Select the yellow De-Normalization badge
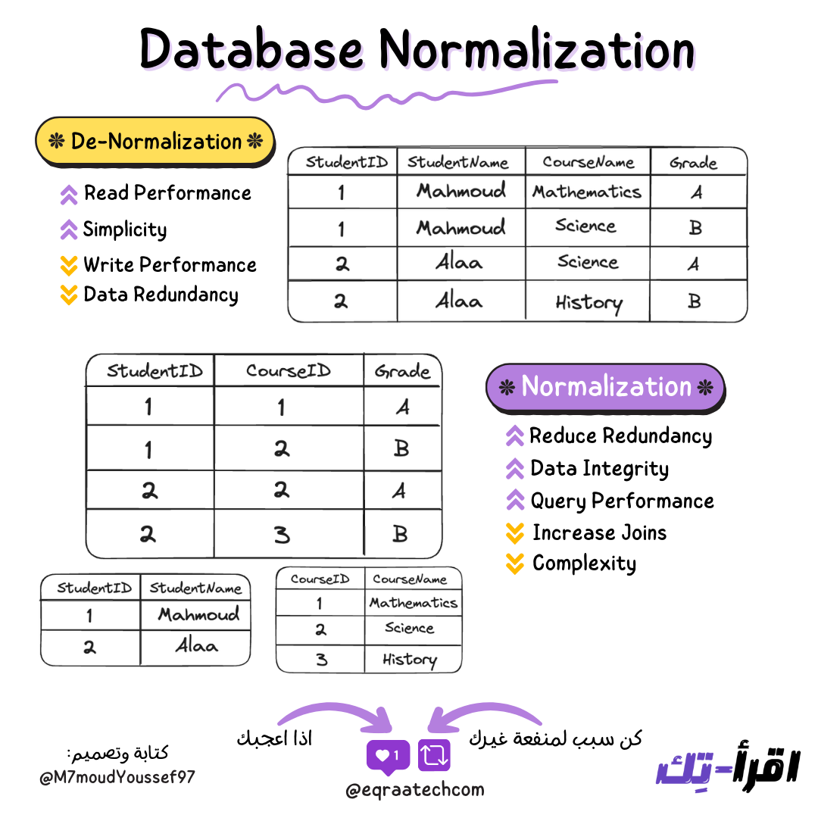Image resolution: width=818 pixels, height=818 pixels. [x=155, y=142]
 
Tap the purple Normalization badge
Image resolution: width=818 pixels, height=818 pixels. [x=605, y=387]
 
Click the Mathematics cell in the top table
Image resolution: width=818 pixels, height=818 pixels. [x=587, y=192]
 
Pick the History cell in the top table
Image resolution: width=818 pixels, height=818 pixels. [x=588, y=302]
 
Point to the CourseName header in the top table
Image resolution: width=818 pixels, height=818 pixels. [x=588, y=162]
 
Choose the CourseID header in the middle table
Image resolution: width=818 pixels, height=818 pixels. [x=289, y=371]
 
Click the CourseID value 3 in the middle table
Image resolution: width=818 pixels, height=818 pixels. [x=282, y=535]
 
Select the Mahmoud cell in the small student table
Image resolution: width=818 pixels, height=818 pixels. [x=198, y=614]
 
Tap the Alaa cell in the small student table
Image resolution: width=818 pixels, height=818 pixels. [x=196, y=647]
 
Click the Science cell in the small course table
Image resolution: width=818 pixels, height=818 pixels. [x=409, y=628]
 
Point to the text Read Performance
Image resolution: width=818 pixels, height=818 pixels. [x=167, y=193]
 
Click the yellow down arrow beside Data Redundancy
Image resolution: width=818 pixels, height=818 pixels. [x=69, y=295]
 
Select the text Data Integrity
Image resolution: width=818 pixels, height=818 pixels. [x=599, y=469]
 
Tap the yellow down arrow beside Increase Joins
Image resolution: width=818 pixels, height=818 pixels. [x=515, y=533]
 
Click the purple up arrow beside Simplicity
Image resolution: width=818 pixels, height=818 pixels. [x=69, y=229]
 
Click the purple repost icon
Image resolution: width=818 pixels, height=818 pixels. [x=434, y=755]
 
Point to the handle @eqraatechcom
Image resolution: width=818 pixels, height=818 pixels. [x=414, y=791]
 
